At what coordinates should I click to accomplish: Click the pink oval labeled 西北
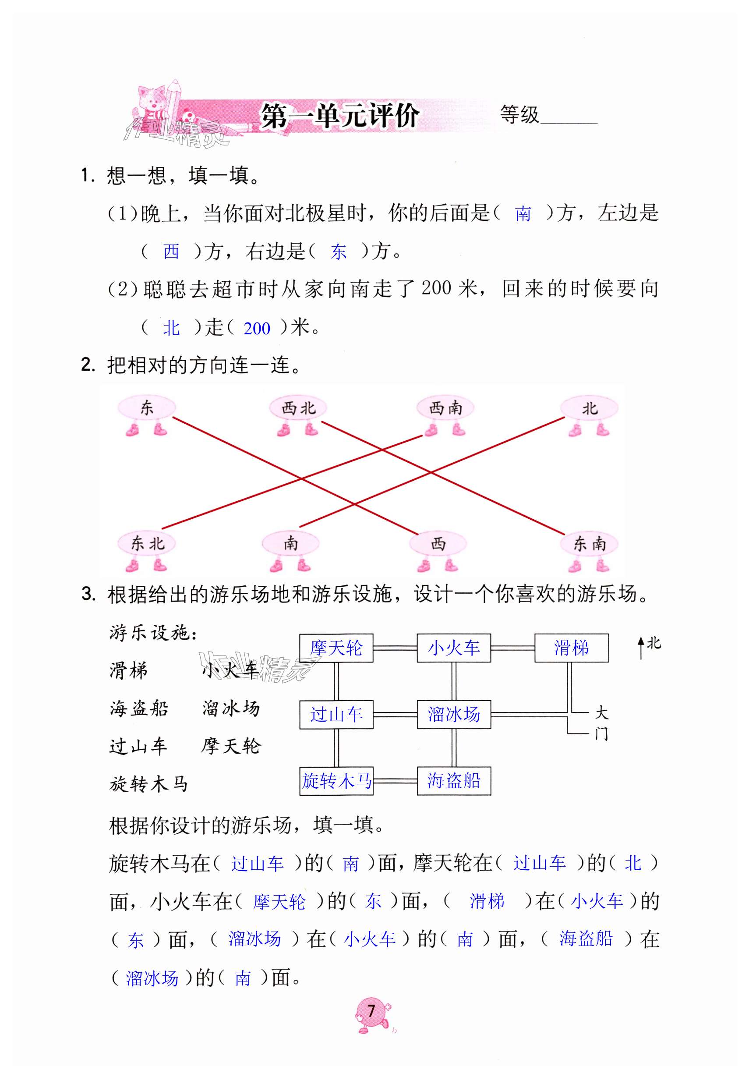point(298,408)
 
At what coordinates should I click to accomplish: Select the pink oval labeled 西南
point(445,407)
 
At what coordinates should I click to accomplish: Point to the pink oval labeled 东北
point(147,543)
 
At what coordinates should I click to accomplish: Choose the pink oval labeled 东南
point(589,544)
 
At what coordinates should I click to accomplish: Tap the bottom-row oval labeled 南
point(290,543)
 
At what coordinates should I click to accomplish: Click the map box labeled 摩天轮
point(336,648)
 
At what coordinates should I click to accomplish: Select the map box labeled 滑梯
point(571,648)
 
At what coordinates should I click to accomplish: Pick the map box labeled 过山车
point(336,714)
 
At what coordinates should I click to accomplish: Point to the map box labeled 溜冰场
point(453,714)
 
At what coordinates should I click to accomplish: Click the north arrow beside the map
point(641,647)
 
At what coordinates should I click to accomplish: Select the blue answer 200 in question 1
point(257,328)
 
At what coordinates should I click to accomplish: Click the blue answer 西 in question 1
point(171,252)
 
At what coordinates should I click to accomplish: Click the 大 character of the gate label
point(601,713)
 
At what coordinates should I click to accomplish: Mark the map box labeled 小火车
point(453,648)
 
